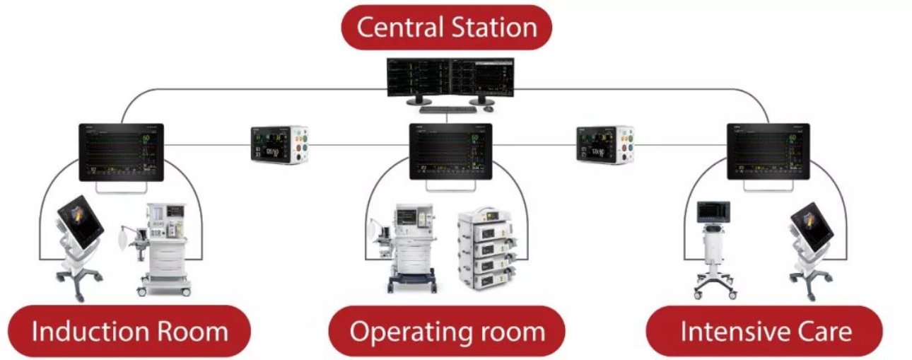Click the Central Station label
[x=446, y=28]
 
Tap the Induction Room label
[x=129, y=331]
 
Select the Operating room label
[x=447, y=331]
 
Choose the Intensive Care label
[x=766, y=331]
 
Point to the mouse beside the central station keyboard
[x=488, y=109]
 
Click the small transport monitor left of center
[x=280, y=145]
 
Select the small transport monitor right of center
[x=605, y=145]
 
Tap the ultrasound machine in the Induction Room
[x=79, y=240]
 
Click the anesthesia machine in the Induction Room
[x=163, y=248]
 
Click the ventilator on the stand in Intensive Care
[x=713, y=244]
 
